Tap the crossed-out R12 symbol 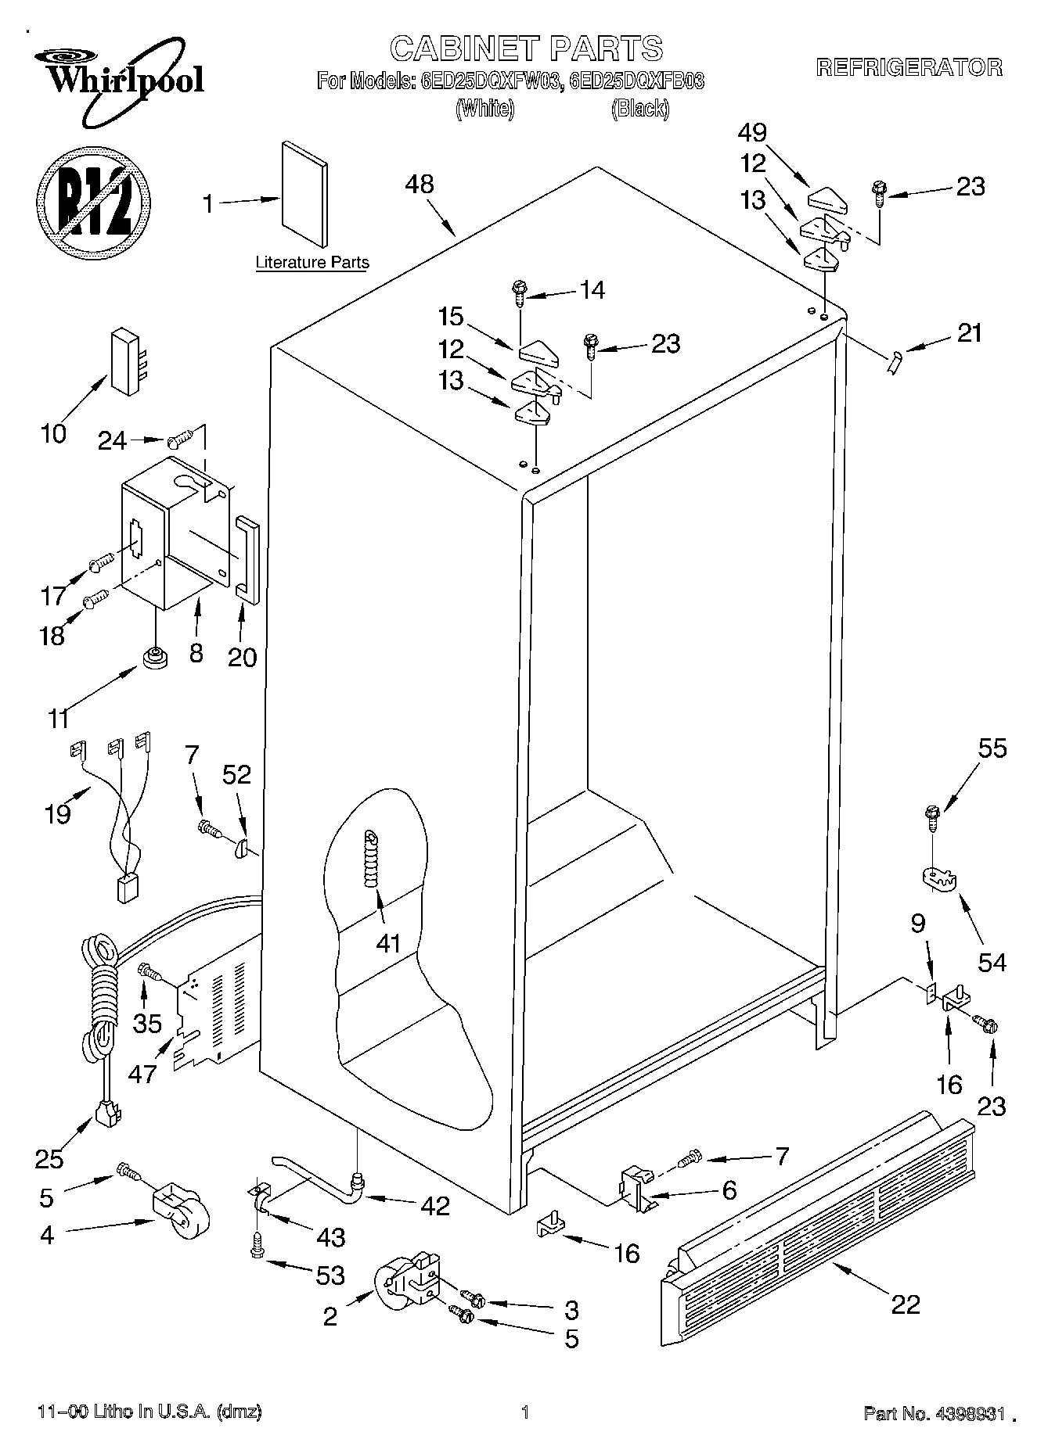click(x=92, y=202)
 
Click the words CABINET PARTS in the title click(x=526, y=48)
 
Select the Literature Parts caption click(x=312, y=263)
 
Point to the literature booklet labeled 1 click(x=305, y=193)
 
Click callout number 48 click(x=420, y=185)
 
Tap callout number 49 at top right click(x=752, y=132)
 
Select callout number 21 click(x=969, y=333)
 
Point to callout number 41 click(x=388, y=944)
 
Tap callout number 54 click(x=992, y=962)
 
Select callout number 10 click(x=53, y=434)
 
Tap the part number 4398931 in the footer click(x=966, y=1412)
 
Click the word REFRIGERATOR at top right click(x=909, y=68)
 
